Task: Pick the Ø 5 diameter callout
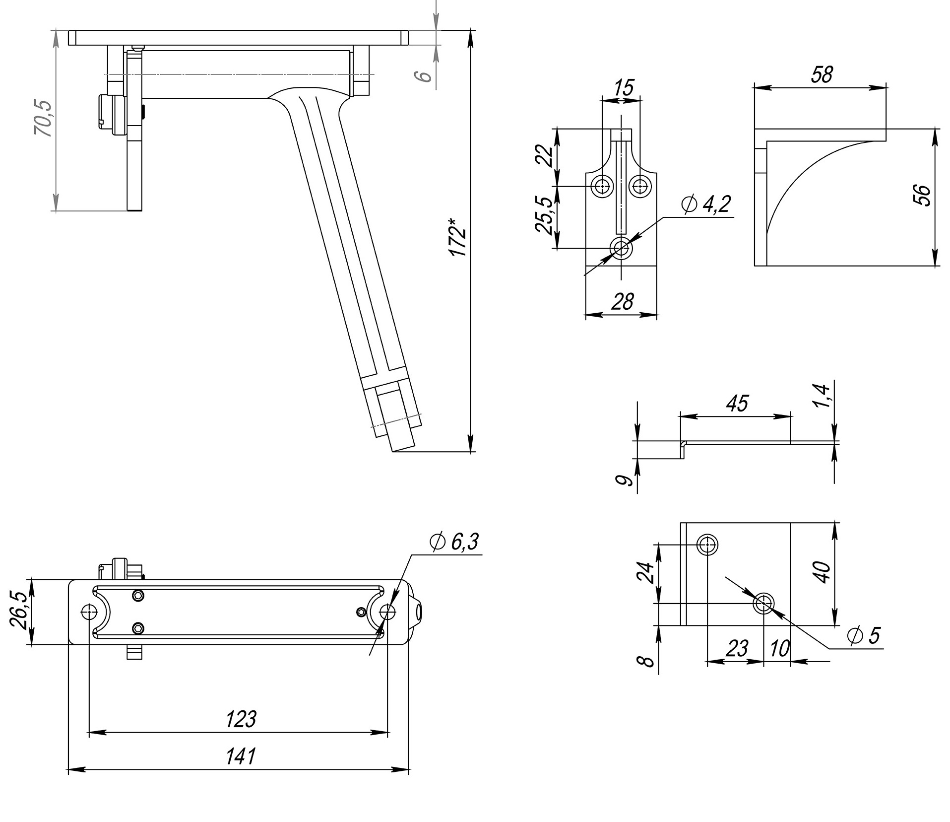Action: click(x=864, y=636)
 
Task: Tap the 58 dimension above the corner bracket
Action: click(x=822, y=74)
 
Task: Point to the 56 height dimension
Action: click(x=922, y=195)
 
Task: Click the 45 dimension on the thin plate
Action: click(x=737, y=404)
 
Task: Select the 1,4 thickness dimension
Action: click(x=822, y=396)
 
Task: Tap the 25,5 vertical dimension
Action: click(x=544, y=215)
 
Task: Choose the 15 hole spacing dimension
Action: click(x=623, y=88)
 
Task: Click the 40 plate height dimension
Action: click(x=822, y=572)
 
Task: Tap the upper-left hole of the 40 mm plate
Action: click(x=706, y=545)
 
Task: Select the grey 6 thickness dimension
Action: click(x=423, y=76)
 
